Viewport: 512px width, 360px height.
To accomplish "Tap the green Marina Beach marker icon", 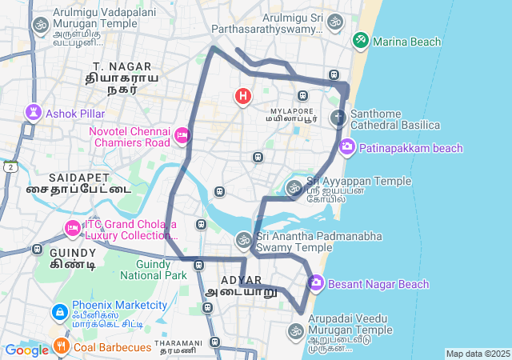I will [361, 39].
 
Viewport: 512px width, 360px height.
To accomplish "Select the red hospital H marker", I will [243, 97].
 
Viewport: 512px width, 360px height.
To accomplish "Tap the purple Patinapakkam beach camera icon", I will [347, 147].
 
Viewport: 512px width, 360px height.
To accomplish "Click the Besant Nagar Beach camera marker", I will [315, 283].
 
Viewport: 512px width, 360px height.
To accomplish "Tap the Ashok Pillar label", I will [75, 114].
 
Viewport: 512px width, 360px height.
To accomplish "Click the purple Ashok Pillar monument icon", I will [33, 112].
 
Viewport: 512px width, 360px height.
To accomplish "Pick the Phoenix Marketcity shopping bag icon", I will [59, 311].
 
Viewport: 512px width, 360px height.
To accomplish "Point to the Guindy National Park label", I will [153, 270].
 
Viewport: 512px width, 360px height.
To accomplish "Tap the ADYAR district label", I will [241, 280].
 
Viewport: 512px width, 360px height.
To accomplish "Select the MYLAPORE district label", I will [290, 106].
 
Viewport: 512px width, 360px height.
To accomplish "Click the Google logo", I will [26, 350].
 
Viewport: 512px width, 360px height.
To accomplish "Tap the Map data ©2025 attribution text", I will [478, 354].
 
